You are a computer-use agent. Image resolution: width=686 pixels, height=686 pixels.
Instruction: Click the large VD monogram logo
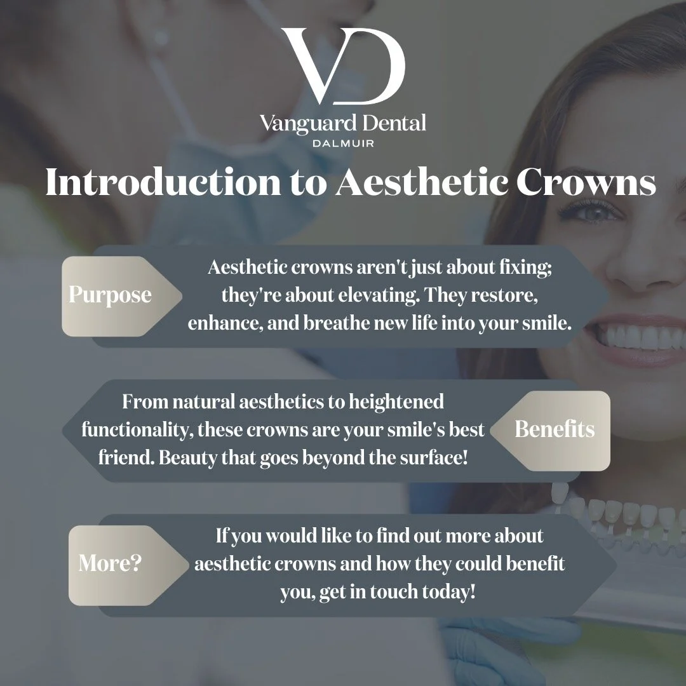[343, 67]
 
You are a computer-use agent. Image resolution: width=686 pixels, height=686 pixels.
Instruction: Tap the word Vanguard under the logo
[301, 123]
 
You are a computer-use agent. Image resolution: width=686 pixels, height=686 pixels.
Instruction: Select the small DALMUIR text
[343, 143]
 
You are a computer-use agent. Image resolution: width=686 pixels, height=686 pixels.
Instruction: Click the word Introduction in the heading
[163, 183]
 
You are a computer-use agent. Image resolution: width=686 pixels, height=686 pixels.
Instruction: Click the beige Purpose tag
[110, 295]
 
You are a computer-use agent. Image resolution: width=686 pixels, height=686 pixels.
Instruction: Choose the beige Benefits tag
[555, 429]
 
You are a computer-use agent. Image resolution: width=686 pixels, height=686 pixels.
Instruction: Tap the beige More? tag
[109, 563]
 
